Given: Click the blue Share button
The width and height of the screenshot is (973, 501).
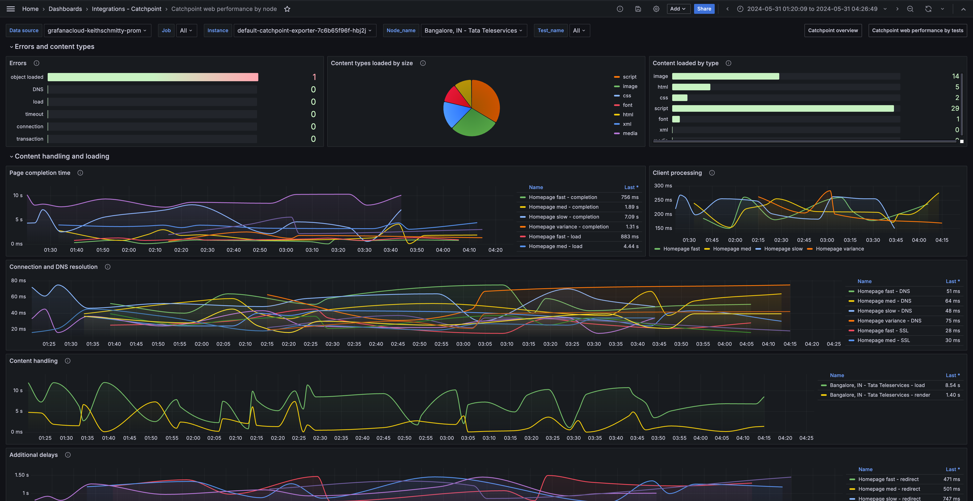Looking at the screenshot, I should click(x=704, y=9).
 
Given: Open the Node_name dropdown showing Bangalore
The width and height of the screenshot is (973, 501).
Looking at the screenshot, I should click(x=473, y=31).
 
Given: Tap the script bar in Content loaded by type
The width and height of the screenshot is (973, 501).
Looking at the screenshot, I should click(x=783, y=109).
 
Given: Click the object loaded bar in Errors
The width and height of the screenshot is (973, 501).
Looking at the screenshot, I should click(x=153, y=77).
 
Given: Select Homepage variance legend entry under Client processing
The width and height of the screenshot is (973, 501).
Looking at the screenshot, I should click(x=839, y=249).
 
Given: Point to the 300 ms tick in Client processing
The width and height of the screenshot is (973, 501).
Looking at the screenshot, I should click(x=663, y=186).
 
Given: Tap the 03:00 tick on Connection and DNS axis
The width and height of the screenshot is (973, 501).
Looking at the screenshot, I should click(x=463, y=344).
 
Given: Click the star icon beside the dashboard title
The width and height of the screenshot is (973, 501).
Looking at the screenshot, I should click(x=287, y=9).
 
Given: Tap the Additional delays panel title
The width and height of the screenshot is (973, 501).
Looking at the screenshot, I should click(x=34, y=455).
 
